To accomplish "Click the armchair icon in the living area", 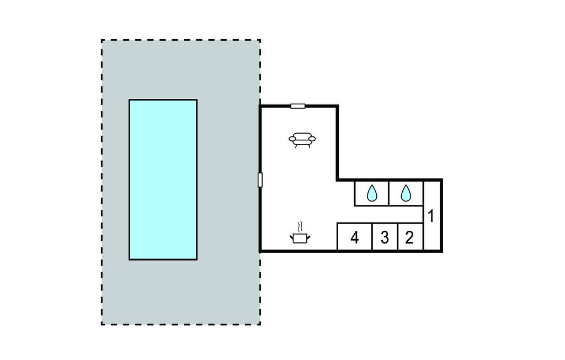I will (x=302, y=140).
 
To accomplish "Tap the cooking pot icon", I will (x=300, y=238).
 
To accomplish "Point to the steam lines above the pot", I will (x=300, y=226).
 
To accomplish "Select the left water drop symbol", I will (x=372, y=193).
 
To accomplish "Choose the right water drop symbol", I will (x=406, y=193).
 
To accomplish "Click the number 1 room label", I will (x=431, y=216).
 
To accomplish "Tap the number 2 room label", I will (x=409, y=238).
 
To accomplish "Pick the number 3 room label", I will (x=385, y=238).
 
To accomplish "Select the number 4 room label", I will (x=355, y=238).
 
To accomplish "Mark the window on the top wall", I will (x=298, y=106).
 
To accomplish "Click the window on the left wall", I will (x=260, y=180).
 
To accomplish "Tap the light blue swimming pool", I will (x=163, y=179).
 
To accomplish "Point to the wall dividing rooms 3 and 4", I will (x=372, y=237).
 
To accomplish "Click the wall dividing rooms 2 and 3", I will (x=398, y=237).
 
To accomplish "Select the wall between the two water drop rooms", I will (x=389, y=193).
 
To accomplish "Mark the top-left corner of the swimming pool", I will (x=130, y=100).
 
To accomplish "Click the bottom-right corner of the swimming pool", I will (x=196, y=259).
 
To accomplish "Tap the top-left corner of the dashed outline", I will (x=102, y=40).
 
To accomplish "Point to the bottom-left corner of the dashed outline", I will (x=102, y=324).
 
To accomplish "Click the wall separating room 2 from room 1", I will (x=423, y=237).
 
